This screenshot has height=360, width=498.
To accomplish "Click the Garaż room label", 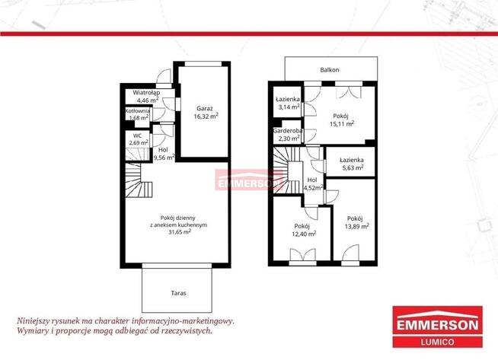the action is [x=205, y=108].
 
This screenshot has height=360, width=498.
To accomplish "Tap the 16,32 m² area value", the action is [x=206, y=116].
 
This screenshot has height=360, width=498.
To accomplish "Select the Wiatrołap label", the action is [x=146, y=93].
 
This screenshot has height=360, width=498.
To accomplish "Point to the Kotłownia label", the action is [x=138, y=111].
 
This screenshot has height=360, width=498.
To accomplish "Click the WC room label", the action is [x=138, y=135].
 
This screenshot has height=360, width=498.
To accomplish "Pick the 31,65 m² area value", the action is [x=180, y=231].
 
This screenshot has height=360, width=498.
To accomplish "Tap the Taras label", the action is [x=178, y=293].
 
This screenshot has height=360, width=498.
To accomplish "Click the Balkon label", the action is [x=330, y=70].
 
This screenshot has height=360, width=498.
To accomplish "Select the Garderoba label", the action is [x=288, y=130].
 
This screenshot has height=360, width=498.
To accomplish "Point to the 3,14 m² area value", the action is [x=289, y=107].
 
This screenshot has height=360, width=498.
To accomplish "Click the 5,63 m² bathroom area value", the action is [x=353, y=167].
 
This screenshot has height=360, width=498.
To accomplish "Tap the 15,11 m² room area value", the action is [x=342, y=124].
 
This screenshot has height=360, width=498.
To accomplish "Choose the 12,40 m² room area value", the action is [x=304, y=234].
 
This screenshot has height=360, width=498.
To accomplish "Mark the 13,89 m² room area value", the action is [x=357, y=226].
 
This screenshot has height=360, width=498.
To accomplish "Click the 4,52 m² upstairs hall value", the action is [x=314, y=187].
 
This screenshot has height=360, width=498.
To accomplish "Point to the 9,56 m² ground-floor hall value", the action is [x=164, y=157].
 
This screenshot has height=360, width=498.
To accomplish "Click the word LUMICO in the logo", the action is [x=437, y=342].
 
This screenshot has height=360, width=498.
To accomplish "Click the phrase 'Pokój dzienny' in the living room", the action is [x=178, y=218].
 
